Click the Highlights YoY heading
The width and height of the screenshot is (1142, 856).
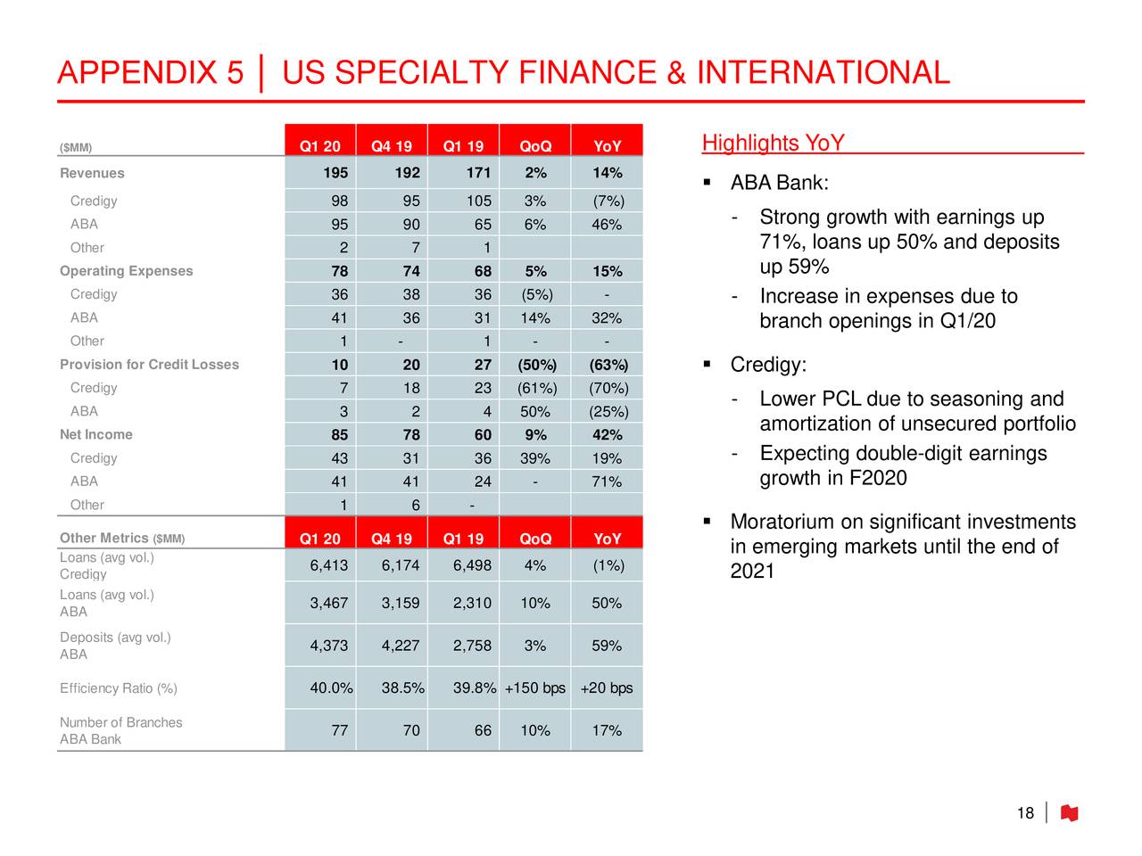773,144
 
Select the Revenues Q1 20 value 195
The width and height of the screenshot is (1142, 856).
335,173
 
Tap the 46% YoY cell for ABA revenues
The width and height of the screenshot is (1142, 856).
607,225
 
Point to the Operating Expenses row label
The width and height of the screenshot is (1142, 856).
126,271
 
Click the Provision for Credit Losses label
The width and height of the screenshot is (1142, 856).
149,365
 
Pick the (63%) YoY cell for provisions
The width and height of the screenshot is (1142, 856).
608,365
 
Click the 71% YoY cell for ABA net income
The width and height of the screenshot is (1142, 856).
607,482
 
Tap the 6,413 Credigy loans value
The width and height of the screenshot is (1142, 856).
329,566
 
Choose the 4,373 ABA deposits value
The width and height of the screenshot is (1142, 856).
329,646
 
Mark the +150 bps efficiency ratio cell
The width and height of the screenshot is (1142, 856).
535,688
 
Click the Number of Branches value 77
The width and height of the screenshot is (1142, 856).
339,731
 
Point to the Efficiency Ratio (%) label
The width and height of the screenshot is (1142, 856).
119,688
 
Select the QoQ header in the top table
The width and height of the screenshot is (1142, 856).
535,146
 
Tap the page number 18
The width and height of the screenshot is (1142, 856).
1025,813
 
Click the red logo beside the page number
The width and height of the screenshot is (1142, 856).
1069,813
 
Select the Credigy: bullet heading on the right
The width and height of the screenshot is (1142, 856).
768,365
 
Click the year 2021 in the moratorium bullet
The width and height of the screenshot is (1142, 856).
752,572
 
